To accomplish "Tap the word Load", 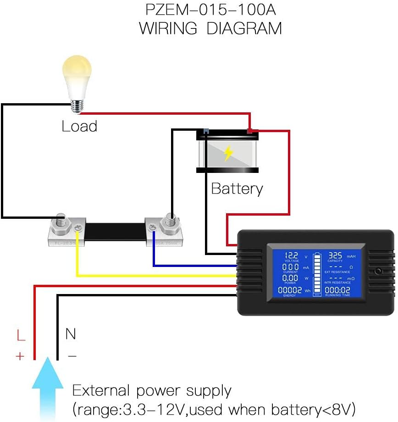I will [x=79, y=126].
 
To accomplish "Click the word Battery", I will [x=237, y=189].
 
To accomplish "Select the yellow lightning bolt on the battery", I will [x=228, y=153].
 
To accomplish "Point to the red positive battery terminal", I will [x=249, y=131].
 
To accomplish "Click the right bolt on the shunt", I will [x=170, y=220].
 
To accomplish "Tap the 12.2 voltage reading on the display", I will [x=292, y=256].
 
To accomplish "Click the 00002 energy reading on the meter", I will [x=290, y=290].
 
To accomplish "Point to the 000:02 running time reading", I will [x=338, y=290].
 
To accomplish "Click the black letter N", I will [x=71, y=334].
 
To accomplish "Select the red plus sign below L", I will [x=20, y=356].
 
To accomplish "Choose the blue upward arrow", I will [x=47, y=385].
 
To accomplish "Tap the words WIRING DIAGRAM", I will [x=210, y=28].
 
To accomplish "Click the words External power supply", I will [x=152, y=391].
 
